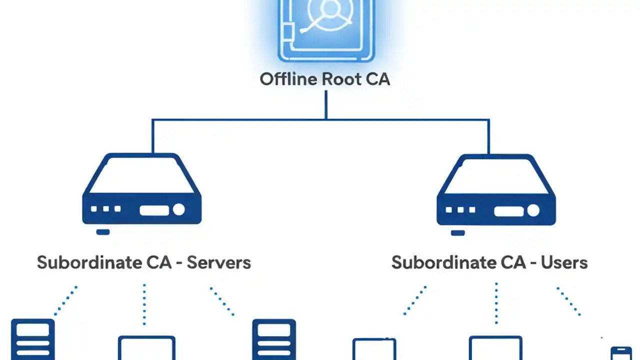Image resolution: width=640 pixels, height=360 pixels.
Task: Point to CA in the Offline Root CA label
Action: tap(378, 79)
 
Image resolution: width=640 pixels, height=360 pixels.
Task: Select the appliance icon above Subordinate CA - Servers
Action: tap(142, 190)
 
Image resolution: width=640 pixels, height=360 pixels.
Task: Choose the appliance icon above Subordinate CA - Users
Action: tap(496, 190)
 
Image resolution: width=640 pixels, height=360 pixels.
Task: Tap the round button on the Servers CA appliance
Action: tap(178, 209)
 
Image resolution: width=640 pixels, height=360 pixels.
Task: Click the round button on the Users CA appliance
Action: tap(533, 210)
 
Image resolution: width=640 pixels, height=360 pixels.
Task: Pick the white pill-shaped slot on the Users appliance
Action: tap(508, 210)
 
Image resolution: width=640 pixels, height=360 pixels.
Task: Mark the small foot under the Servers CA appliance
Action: tap(103, 232)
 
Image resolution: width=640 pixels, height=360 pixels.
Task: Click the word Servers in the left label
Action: tap(218, 262)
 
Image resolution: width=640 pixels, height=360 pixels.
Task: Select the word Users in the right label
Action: tap(564, 262)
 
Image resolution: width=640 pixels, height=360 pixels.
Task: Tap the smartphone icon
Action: tap(621, 352)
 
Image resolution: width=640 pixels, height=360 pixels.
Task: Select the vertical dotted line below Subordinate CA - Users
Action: tap(496, 303)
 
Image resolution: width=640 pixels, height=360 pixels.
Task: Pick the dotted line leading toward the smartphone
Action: tap(568, 301)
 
